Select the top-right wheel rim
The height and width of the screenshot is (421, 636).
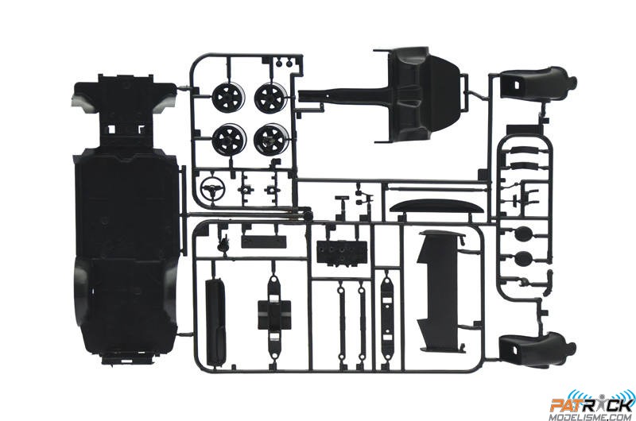point(270,96)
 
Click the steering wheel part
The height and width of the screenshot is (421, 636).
point(211,187)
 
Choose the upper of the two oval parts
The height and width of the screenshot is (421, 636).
point(523,234)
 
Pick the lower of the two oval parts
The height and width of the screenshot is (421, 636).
point(523,257)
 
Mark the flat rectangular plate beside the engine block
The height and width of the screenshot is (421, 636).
point(264,242)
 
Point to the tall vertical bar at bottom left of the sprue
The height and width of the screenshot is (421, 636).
point(215,317)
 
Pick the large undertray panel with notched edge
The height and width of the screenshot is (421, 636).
point(442,291)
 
